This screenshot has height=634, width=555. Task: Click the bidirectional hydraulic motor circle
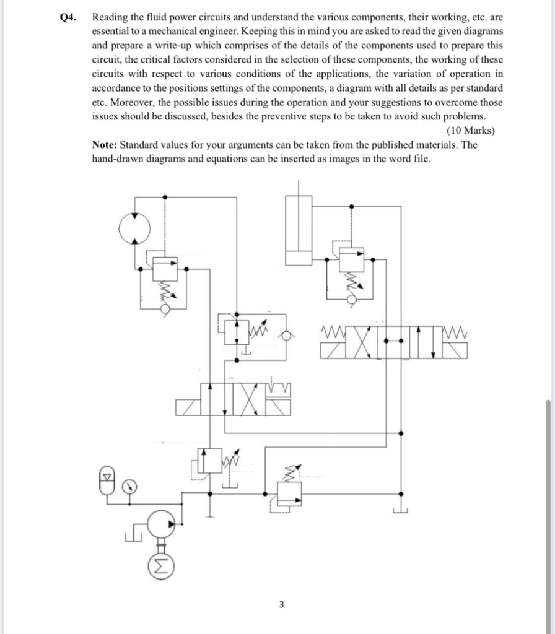(135, 229)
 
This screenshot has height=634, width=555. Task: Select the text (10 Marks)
(470, 131)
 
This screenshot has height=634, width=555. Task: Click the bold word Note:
(105, 145)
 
